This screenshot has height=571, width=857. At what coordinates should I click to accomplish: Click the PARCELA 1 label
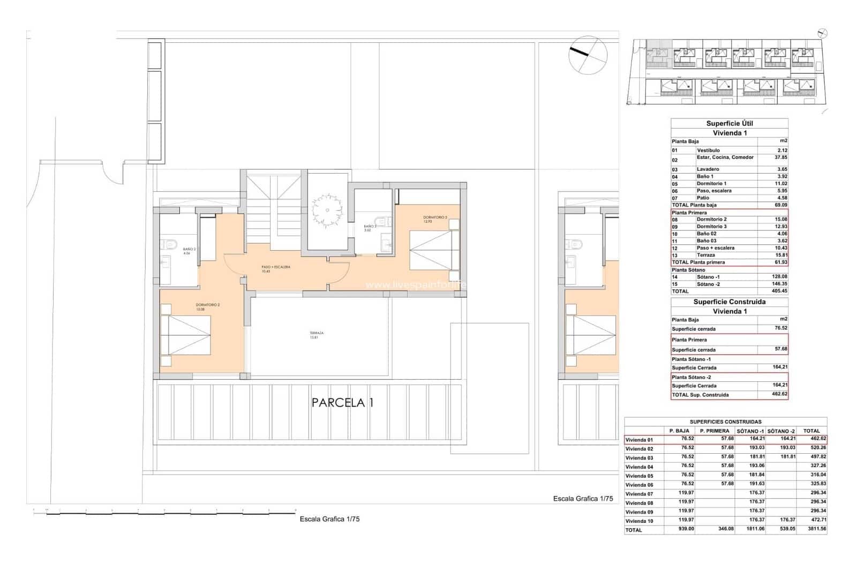tap(342, 403)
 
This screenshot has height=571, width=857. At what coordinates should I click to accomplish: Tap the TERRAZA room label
tap(316, 335)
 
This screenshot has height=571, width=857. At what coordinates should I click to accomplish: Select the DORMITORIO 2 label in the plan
tap(207, 306)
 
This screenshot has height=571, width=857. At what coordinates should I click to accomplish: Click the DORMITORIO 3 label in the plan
tap(434, 219)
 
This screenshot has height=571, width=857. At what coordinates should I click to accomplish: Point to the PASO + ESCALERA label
tap(276, 268)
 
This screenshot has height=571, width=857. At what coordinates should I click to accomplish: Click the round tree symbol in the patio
tap(327, 209)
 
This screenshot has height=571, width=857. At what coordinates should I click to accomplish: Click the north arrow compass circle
tap(589, 54)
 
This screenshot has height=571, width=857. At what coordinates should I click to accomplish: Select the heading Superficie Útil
tap(729, 124)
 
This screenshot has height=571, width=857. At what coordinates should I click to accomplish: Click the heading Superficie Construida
tap(729, 302)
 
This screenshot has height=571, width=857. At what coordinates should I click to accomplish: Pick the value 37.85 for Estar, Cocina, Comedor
tap(778, 157)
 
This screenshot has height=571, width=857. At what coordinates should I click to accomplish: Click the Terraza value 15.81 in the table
tap(778, 255)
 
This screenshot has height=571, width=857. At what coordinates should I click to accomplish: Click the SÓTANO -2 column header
tap(781, 431)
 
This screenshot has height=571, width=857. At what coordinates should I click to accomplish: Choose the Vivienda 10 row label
tap(640, 521)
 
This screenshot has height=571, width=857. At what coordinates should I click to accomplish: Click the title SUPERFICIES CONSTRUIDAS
tap(725, 422)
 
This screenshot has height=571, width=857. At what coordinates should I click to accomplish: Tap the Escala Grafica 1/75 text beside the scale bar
tap(329, 519)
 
